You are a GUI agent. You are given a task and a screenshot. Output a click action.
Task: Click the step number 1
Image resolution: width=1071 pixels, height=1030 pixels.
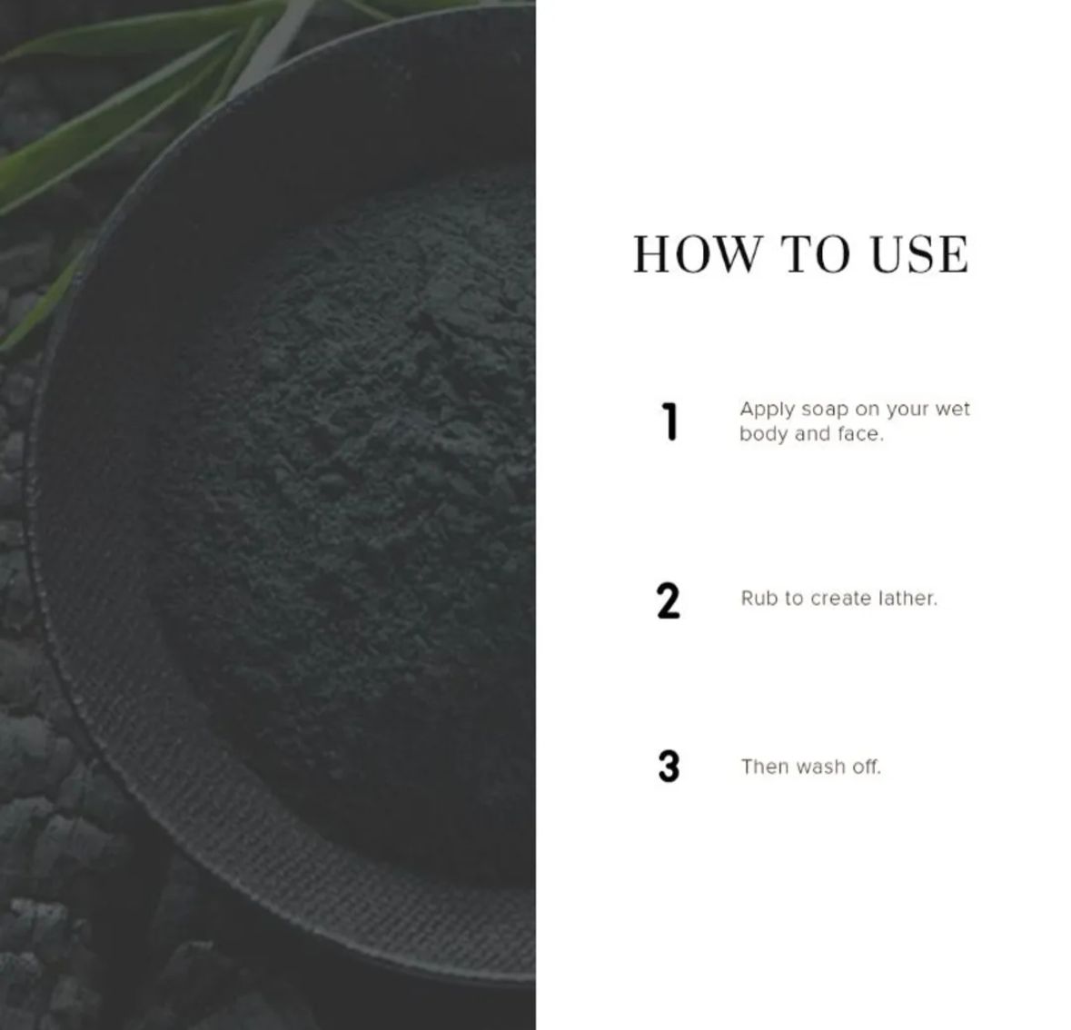[x=669, y=422]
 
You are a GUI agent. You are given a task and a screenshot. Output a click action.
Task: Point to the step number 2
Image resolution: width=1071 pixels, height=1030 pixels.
[x=668, y=601]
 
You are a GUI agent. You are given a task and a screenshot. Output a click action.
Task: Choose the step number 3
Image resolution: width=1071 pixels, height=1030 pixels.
[x=669, y=768]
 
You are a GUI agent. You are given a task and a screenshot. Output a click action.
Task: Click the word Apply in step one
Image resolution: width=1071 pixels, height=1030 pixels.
[x=767, y=410]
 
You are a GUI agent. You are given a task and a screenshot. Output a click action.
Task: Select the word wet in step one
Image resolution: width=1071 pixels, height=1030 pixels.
[x=953, y=409]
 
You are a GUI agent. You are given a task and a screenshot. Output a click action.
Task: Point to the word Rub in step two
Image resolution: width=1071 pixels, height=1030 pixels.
[x=759, y=599]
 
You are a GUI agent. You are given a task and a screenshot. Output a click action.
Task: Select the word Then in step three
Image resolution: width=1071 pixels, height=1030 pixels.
[x=765, y=767]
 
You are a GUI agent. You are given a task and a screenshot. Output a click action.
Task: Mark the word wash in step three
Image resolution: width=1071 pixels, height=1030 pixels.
[x=820, y=767]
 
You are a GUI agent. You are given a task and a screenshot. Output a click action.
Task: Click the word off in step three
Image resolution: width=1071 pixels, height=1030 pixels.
[x=866, y=767]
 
